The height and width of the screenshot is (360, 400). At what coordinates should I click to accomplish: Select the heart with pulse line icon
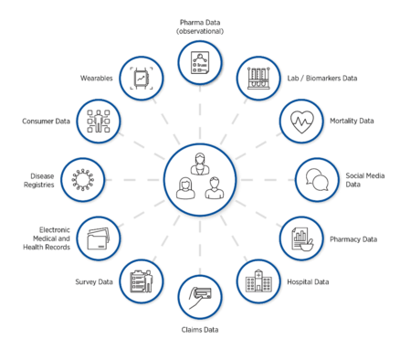click(x=300, y=121)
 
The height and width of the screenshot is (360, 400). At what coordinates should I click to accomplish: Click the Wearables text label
click(x=95, y=79)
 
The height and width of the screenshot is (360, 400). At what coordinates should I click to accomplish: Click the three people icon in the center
click(x=200, y=179)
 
